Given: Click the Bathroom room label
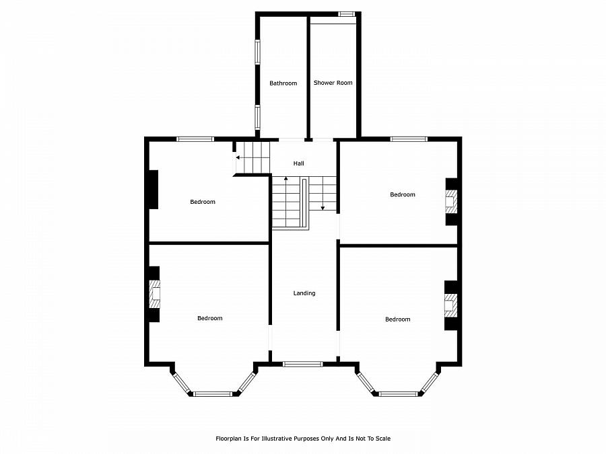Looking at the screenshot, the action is click(283, 83).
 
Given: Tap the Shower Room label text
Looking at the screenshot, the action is click(333, 83).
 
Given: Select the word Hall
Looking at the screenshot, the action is click(298, 163).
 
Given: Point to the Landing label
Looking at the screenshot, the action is click(304, 293).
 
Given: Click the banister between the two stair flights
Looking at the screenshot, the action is click(304, 204).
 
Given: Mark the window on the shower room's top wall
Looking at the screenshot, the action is click(346, 14).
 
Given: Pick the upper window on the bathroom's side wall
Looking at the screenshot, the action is click(257, 51).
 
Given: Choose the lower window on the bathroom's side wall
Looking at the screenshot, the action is click(257, 116).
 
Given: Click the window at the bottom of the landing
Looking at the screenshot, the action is click(302, 364).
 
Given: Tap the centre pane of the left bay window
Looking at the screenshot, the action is click(213, 393).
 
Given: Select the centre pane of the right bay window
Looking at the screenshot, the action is click(398, 393).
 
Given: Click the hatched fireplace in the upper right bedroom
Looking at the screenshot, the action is click(451, 202).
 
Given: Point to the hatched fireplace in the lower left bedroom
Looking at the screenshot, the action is click(155, 293).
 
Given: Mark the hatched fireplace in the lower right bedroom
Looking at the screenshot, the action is click(450, 305).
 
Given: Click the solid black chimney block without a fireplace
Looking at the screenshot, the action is click(154, 190).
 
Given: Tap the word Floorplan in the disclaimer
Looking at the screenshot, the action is click(228, 439).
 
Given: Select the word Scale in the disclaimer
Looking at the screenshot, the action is click(383, 439).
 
